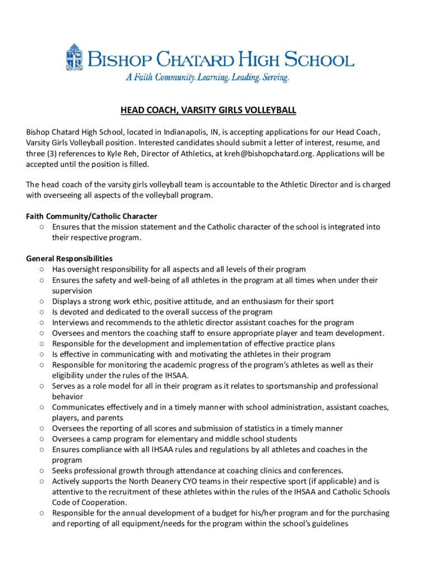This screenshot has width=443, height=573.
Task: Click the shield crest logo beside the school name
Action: tap(74, 58)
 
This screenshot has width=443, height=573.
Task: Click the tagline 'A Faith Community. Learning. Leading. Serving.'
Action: tap(207, 78)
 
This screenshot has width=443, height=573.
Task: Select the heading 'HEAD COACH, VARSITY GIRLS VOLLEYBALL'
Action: tap(208, 110)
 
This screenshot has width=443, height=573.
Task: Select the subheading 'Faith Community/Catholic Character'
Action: tap(91, 216)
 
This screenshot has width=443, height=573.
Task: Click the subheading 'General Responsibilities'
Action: tap(69, 259)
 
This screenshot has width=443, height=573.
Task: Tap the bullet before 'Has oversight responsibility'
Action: tap(42, 269)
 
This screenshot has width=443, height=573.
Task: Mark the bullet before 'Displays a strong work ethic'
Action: tap(42, 301)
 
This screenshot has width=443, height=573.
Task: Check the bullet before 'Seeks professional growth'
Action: tap(42, 471)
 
